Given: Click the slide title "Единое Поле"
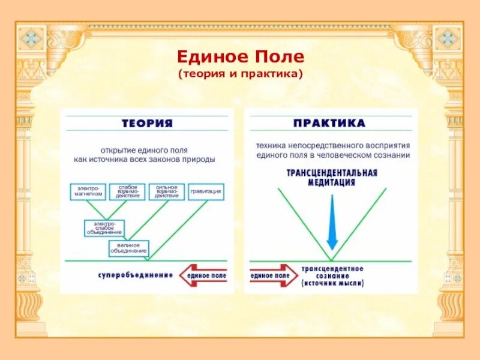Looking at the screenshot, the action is tap(240, 58).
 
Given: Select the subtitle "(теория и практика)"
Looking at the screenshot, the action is tap(240, 74).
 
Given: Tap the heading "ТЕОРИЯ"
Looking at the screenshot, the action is tap(147, 123).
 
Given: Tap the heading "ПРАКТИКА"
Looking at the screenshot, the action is tap(329, 123).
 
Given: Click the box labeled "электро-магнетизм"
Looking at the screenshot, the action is tap(88, 192).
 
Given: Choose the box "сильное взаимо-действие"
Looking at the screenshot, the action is tap(166, 192).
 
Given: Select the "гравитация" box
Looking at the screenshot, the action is tap(206, 192).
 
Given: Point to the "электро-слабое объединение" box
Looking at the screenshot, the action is tap(104, 228).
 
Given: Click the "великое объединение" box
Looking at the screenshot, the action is tap(128, 248).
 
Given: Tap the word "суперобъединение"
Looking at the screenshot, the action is tap(136, 275).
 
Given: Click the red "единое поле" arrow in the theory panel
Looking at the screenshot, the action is tap(203, 275).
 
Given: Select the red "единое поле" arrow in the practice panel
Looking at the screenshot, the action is tap(273, 275).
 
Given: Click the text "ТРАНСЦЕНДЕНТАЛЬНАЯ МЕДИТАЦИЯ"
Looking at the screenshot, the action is tap(331, 178).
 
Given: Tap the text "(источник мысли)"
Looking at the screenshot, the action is tap(332, 283).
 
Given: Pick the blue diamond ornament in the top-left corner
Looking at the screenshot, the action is tap(31, 39).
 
